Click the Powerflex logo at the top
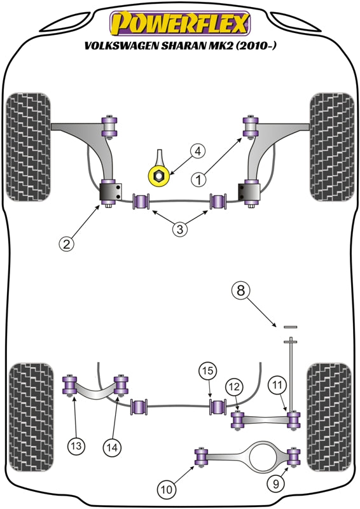179,23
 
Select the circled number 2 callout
66,242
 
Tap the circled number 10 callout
167,489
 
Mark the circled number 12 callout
233,386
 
